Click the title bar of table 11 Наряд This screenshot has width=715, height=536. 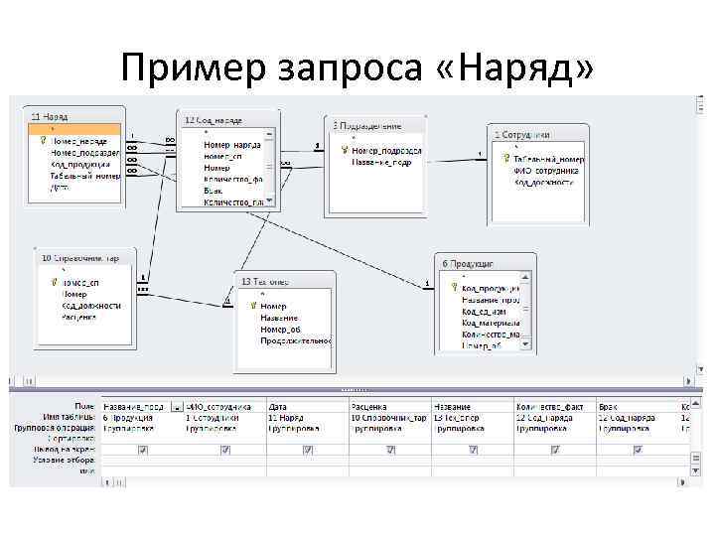pyautogui.click(x=75, y=116)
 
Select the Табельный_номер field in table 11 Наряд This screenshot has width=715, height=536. pyautogui.click(x=84, y=176)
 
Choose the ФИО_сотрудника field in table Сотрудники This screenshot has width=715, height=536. pyautogui.click(x=547, y=170)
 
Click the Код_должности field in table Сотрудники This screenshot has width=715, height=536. pyautogui.click(x=547, y=182)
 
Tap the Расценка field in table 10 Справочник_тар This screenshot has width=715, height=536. pyautogui.click(x=79, y=318)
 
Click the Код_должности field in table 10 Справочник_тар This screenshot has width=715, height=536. pyautogui.click(x=90, y=306)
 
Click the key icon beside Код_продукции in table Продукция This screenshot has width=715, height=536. pyautogui.click(x=454, y=287)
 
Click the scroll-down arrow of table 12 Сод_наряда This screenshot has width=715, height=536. pyautogui.click(x=269, y=201)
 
